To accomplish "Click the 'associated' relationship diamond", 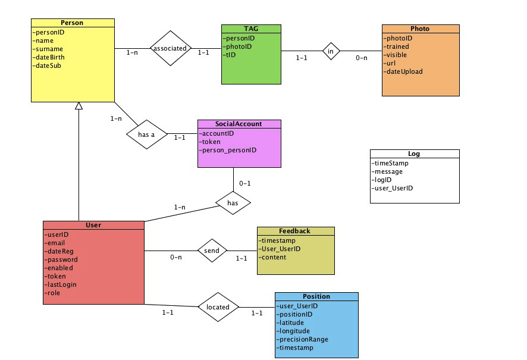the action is click(x=170, y=48).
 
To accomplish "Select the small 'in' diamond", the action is click(x=331, y=51).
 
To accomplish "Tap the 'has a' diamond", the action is click(x=147, y=134).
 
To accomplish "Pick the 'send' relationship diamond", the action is click(x=212, y=251).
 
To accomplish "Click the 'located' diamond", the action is click(x=218, y=307).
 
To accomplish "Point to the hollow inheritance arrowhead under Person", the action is click(x=79, y=105).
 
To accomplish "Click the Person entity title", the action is click(x=72, y=23).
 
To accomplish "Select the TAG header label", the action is click(x=251, y=29).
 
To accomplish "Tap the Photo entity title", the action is click(x=420, y=29).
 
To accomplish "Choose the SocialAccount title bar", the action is click(x=239, y=124).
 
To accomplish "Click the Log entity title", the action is click(x=414, y=154).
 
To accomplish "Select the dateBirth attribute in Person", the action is click(x=48, y=57).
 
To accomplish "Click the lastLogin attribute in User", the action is click(x=60, y=284).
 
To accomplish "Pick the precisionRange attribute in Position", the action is click(x=302, y=339).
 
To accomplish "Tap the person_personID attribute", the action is click(x=228, y=150).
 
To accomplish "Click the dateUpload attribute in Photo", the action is click(x=403, y=71).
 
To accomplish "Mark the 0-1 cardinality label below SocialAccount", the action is click(x=245, y=183).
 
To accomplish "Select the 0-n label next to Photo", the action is click(x=362, y=58).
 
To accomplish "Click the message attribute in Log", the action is click(x=387, y=171).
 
